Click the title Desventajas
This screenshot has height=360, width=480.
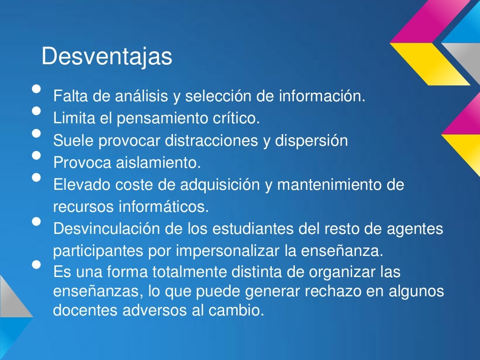[x=107, y=57]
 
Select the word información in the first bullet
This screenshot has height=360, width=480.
[x=322, y=97]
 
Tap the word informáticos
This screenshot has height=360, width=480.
[x=161, y=206]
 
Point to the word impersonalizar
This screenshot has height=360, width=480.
[x=228, y=251]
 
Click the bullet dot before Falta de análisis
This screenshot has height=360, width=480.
[x=36, y=90]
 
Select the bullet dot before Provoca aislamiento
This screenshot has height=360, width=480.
[x=36, y=155]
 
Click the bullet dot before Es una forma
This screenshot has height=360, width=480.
[x=36, y=264]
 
